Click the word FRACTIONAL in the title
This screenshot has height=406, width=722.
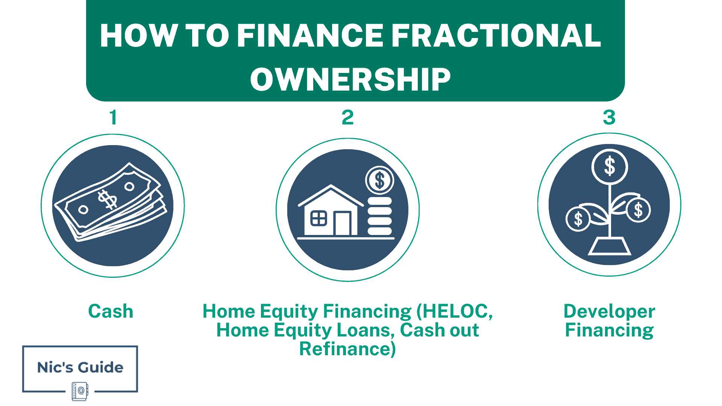tap(496, 36)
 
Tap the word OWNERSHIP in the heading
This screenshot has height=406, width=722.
tap(350, 80)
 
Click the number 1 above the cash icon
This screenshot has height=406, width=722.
tap(113, 117)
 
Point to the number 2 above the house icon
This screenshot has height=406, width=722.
tap(348, 117)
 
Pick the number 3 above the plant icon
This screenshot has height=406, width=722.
tap(609, 117)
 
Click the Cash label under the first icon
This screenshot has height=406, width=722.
tap(111, 311)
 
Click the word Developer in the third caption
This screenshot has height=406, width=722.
tap(609, 311)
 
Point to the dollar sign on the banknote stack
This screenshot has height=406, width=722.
tap(108, 200)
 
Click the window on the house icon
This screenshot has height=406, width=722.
tap(319, 218)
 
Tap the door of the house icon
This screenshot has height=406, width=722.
tap(342, 224)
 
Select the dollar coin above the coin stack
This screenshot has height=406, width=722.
tap(380, 180)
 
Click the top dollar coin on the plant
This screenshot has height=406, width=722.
tap(610, 166)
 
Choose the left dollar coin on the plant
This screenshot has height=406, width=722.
tap(578, 219)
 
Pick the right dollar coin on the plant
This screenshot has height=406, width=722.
tap(639, 210)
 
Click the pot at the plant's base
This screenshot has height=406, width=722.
tap(609, 246)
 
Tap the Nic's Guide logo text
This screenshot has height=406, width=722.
tap(80, 367)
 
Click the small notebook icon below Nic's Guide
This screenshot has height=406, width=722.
tap(80, 391)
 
